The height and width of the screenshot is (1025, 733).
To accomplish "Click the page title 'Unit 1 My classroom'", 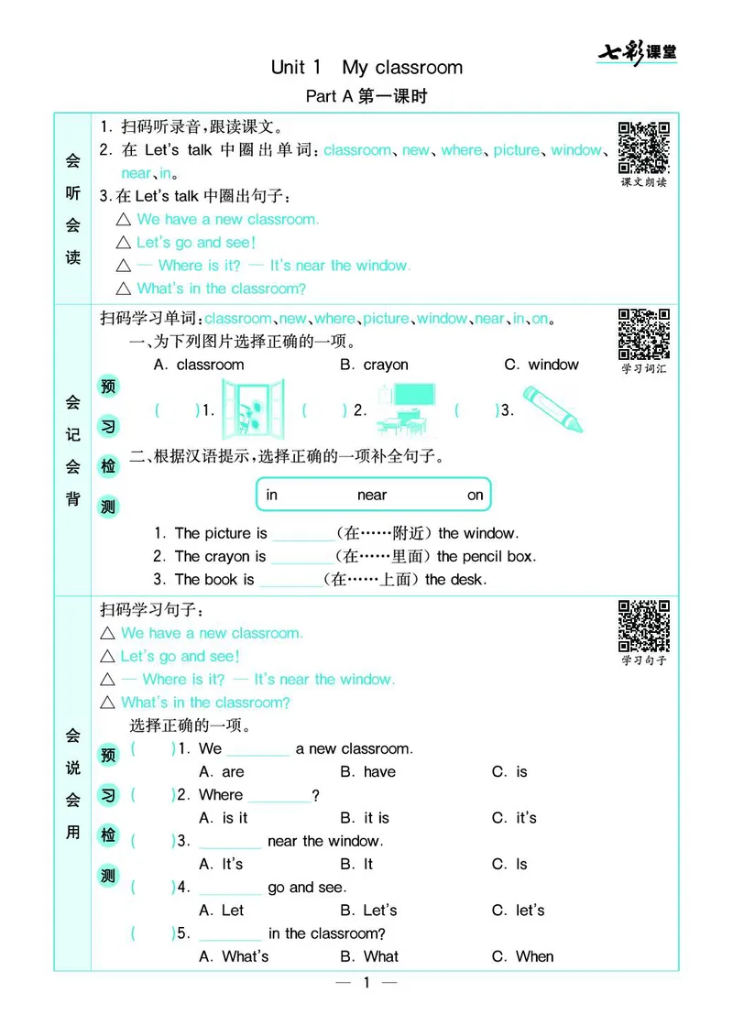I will [x=366, y=67].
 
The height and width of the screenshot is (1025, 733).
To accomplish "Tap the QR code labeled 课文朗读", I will [x=643, y=147].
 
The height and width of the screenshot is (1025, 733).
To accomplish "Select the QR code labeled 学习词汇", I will [x=643, y=334].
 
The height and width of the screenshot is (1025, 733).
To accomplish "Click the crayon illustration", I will [x=552, y=409].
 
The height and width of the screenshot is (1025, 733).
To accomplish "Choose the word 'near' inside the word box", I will [x=372, y=496].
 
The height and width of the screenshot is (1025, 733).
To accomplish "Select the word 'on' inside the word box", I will [x=475, y=496].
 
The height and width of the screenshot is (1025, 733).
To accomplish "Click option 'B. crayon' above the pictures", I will [x=374, y=365].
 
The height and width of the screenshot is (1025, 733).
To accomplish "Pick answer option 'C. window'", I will [x=542, y=365].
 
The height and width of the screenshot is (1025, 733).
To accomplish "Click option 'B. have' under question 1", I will [x=367, y=772].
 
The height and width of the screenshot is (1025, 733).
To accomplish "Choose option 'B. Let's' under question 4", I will [x=368, y=911].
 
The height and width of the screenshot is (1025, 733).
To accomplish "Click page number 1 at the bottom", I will [x=366, y=984].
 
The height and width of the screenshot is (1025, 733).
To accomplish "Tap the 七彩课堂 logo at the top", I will [x=638, y=52].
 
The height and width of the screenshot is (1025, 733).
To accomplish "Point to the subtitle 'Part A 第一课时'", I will [x=366, y=96].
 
